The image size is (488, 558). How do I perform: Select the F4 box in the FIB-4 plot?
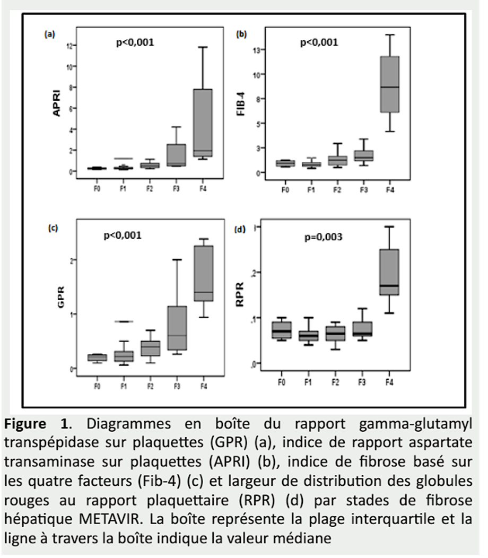tap(390, 84)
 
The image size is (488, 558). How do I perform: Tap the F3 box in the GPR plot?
tap(177, 328)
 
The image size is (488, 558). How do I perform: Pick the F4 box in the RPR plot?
tap(390, 272)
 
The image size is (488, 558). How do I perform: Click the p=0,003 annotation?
tap(324, 237)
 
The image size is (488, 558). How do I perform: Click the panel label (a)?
tap(49, 34)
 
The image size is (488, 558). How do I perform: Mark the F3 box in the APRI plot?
tap(177, 155)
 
